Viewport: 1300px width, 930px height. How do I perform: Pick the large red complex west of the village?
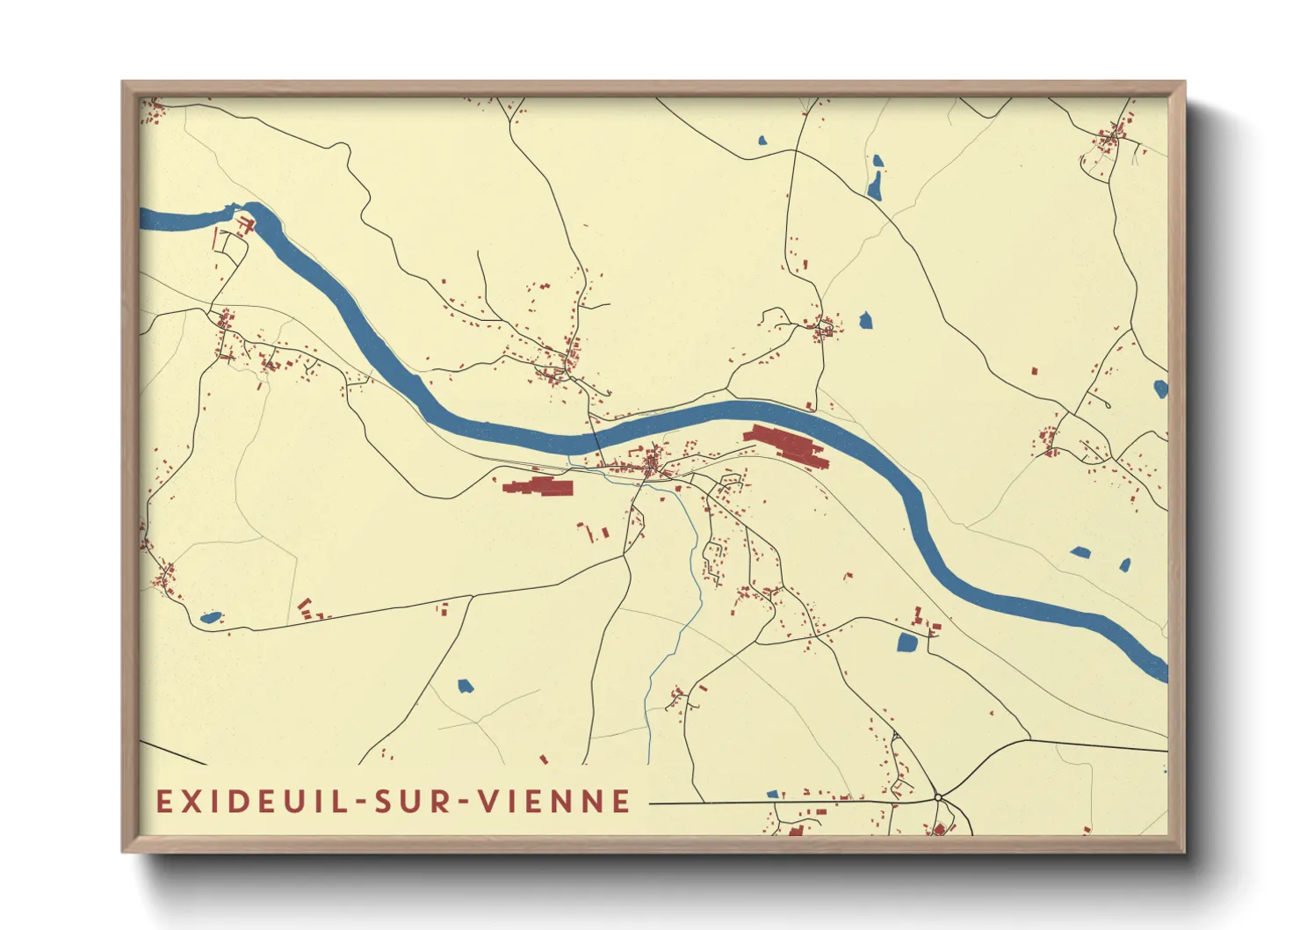537,486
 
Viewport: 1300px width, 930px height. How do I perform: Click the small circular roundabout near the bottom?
938,797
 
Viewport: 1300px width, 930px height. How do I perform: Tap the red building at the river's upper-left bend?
247,227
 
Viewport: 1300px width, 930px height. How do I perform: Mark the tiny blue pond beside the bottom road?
772,795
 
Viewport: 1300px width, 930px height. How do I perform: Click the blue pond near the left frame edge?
210,618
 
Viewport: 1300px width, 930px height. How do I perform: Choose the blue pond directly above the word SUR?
465,686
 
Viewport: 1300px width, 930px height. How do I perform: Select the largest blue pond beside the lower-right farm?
907,643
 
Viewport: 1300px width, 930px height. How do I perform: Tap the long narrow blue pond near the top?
875,185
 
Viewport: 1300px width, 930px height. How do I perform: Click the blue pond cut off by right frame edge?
1160,389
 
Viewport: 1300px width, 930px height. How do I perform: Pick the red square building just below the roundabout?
939,829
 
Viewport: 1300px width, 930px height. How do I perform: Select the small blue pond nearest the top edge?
762,140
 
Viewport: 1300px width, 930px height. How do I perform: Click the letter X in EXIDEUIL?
188,802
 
